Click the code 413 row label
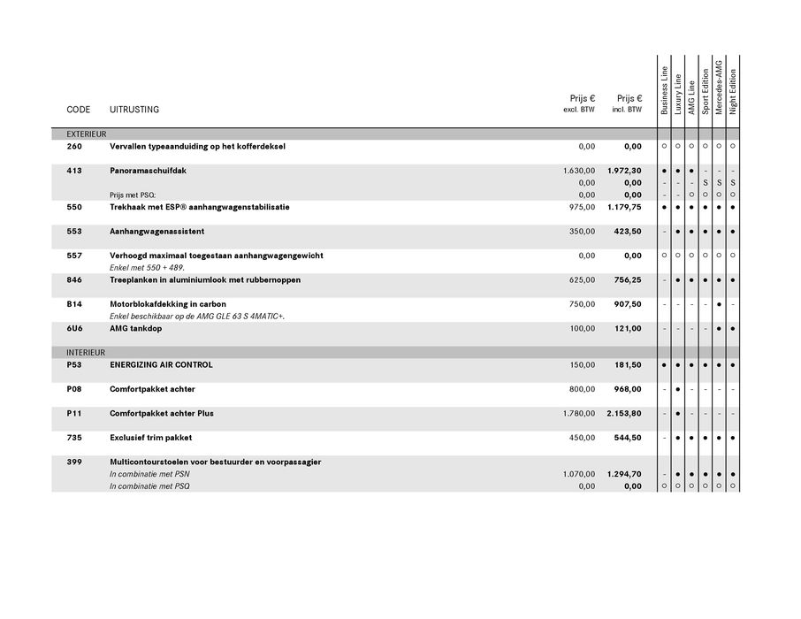click(74, 171)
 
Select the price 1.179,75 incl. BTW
click(624, 207)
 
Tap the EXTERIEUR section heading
click(87, 134)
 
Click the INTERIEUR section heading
click(86, 352)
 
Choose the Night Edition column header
click(733, 91)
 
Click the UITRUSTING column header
click(134, 110)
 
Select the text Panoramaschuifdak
click(148, 171)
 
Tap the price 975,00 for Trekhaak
click(581, 207)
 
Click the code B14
click(74, 304)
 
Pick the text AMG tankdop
click(136, 329)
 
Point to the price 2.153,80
click(624, 414)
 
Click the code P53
click(74, 365)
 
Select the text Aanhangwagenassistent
click(157, 232)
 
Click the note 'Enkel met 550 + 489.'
click(147, 267)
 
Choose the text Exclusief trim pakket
click(151, 438)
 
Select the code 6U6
click(74, 329)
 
